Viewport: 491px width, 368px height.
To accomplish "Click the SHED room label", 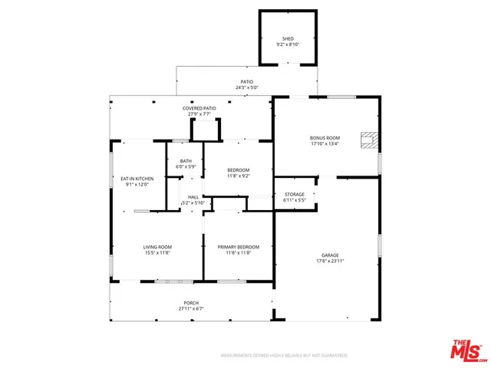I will (288, 38).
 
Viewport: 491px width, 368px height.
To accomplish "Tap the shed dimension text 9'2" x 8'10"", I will (288, 44).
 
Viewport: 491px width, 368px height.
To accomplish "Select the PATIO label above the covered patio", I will (247, 81).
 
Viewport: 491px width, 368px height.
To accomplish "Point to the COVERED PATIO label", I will (199, 108).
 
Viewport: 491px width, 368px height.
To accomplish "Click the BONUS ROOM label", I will (325, 138).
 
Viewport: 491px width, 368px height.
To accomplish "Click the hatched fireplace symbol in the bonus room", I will (370, 139).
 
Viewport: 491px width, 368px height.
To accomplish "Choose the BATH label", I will (186, 160).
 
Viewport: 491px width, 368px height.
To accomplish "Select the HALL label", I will (193, 197).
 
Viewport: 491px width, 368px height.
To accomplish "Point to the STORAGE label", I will (295, 194).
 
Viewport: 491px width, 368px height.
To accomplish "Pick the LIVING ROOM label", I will (157, 247).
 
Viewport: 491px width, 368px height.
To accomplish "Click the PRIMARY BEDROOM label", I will (238, 247).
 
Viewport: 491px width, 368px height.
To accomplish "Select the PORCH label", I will (191, 303).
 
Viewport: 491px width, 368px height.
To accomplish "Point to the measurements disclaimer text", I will (284, 356).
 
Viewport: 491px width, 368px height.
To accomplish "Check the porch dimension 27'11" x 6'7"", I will (191, 309).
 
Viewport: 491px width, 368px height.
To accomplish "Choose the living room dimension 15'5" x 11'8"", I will (157, 253).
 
